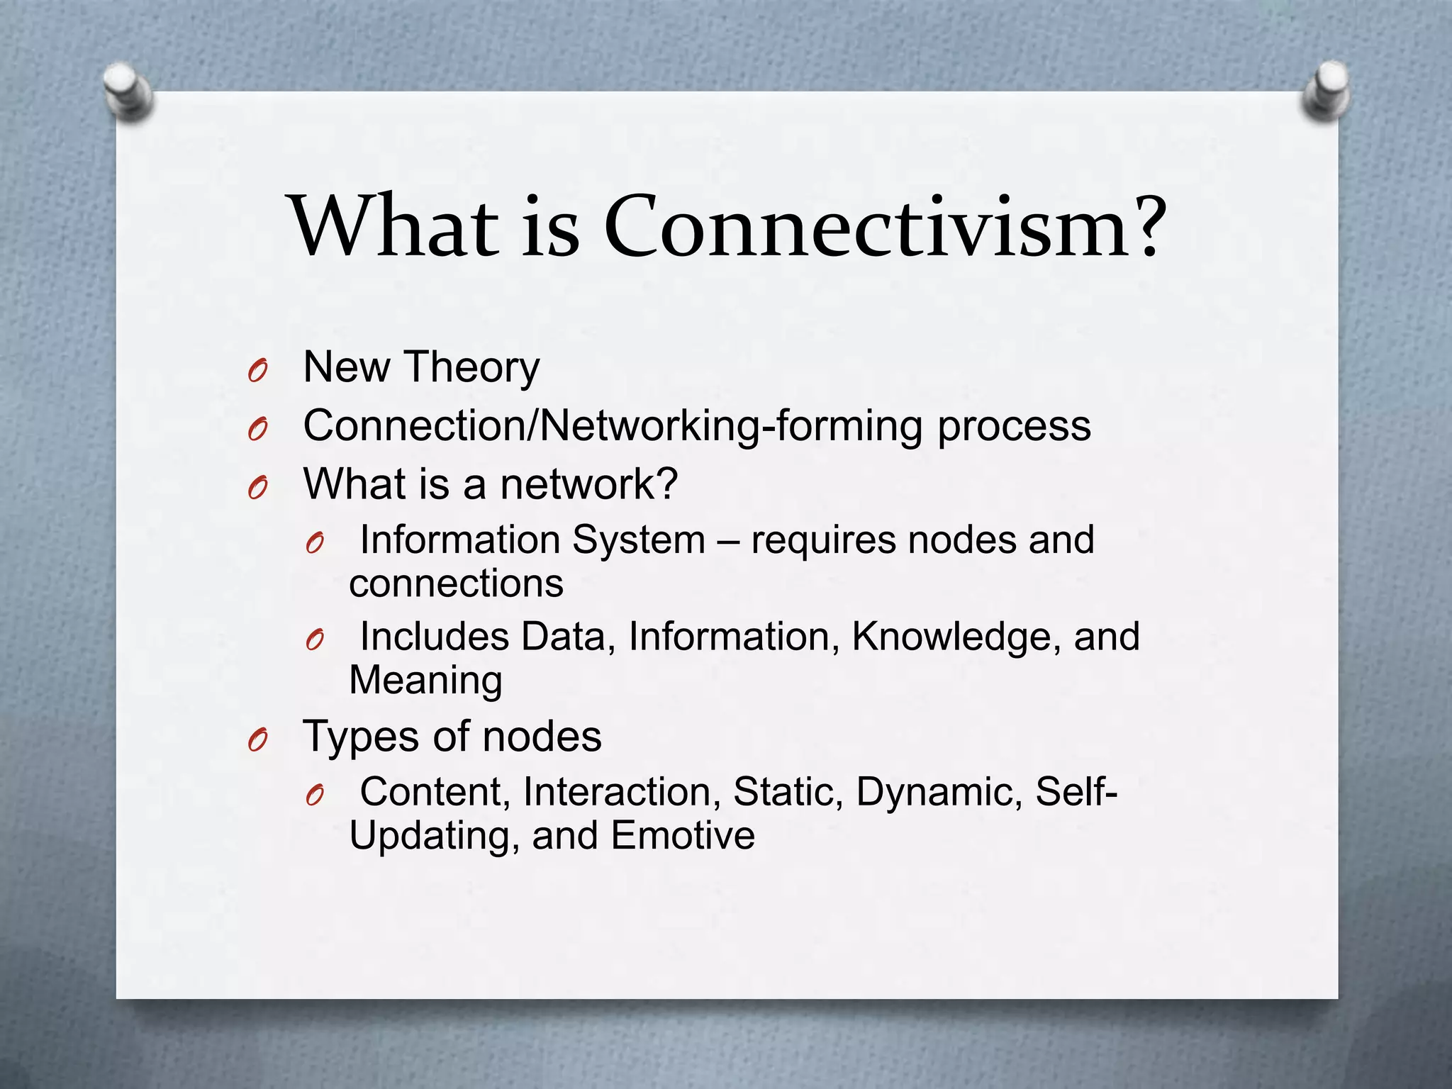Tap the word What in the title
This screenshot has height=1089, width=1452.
(x=393, y=227)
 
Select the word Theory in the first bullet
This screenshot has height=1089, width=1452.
(x=472, y=369)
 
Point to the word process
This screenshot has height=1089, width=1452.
(x=1014, y=427)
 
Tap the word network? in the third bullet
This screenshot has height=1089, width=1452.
(x=588, y=485)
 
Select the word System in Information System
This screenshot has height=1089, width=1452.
(x=638, y=540)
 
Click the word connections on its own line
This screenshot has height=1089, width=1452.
(x=456, y=584)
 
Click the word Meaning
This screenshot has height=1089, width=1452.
(x=425, y=681)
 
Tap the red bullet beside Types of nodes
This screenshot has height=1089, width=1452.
(x=258, y=740)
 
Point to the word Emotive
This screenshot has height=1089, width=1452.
(x=682, y=836)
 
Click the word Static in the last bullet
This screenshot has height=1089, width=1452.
(x=787, y=793)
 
